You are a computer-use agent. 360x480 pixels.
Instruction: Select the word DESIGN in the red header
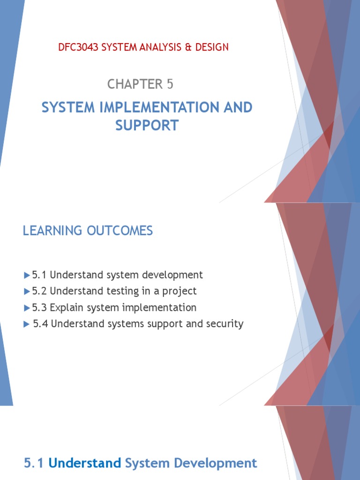(213, 47)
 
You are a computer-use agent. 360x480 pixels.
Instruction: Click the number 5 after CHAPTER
(169, 84)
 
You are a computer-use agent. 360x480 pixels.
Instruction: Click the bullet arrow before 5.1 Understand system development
(27, 275)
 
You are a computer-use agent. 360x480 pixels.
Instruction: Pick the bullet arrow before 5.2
(27, 291)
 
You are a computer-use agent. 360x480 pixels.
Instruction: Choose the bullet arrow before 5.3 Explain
(27, 307)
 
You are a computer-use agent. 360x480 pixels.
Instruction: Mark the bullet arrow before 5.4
(27, 324)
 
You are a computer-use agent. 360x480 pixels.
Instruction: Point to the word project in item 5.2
(181, 291)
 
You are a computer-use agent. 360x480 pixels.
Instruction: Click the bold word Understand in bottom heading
(85, 450)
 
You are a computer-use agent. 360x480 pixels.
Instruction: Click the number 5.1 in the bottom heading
(34, 450)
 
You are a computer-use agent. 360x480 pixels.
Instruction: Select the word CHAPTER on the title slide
(134, 84)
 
